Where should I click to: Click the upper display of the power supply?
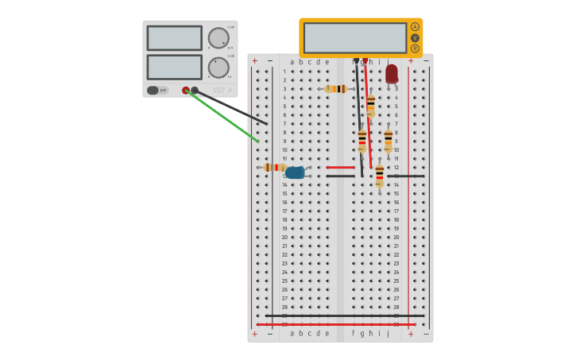point(174,37)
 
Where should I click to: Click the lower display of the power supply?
point(174,67)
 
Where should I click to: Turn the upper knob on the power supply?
point(218,37)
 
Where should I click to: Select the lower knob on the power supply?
point(218,67)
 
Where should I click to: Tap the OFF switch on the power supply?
point(157,91)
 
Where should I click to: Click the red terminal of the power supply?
point(186,91)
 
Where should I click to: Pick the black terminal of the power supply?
point(195,91)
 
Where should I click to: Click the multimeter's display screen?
point(354,37)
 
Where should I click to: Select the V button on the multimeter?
point(415,37)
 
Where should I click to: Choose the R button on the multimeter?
point(415,48)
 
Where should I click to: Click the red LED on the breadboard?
point(392,73)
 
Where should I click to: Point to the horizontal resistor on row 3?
point(336,89)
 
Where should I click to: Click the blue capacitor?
point(295,172)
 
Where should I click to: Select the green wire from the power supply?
point(226,119)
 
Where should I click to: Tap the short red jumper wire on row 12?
point(340,168)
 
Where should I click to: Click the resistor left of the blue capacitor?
point(275,168)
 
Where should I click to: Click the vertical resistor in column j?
point(388,141)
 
